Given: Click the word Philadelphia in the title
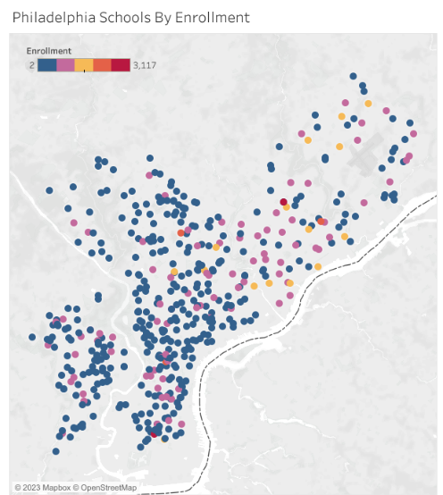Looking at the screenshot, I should pyautogui.click(x=53, y=17).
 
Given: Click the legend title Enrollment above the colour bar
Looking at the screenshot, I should pyautogui.click(x=49, y=51).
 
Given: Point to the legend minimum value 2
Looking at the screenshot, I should pyautogui.click(x=30, y=65).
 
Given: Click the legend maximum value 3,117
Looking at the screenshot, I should pyautogui.click(x=145, y=65).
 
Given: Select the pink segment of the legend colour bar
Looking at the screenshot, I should pyautogui.click(x=65, y=65).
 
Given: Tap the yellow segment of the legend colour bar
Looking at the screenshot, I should pyautogui.click(x=84, y=65).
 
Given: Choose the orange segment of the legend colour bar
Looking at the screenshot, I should pyautogui.click(x=103, y=65).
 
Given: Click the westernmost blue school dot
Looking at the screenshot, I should pyautogui.click(x=32, y=337).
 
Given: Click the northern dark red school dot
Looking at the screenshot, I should pyautogui.click(x=283, y=202).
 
